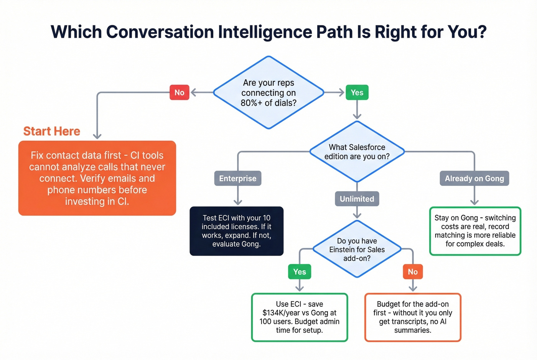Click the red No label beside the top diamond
click(x=179, y=92)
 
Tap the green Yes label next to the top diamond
click(x=357, y=92)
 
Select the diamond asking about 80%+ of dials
click(x=268, y=92)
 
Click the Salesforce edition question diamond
click(x=357, y=151)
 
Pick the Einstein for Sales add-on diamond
click(x=357, y=249)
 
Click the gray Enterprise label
click(x=237, y=178)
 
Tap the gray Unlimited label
click(x=357, y=199)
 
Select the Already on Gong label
click(x=474, y=178)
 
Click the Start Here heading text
click(x=52, y=131)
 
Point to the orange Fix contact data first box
click(x=97, y=178)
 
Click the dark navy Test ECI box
click(x=236, y=231)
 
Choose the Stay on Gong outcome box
click(x=475, y=231)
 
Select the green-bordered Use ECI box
click(x=299, y=317)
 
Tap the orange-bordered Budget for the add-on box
click(x=412, y=317)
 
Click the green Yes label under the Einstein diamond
click(x=299, y=271)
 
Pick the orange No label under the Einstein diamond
click(x=412, y=271)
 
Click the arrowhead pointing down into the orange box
click(x=97, y=136)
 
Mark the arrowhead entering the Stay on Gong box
click(x=474, y=202)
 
